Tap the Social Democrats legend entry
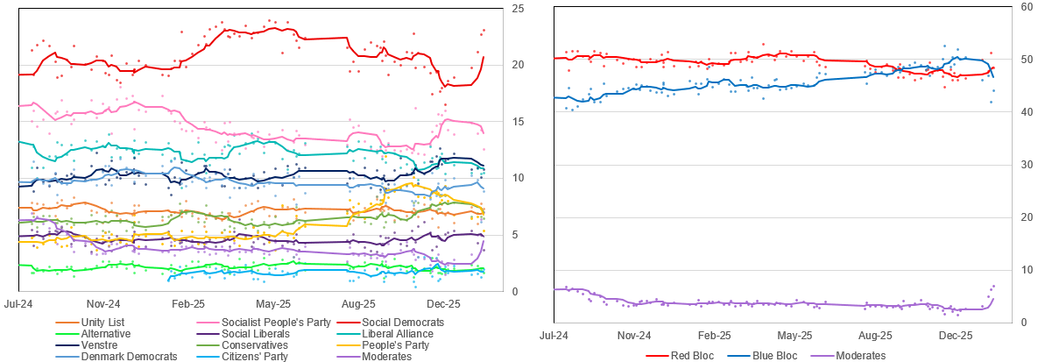[403, 323]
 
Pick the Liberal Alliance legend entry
[399, 334]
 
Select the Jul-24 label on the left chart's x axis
[19, 304]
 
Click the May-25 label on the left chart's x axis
[272, 304]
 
